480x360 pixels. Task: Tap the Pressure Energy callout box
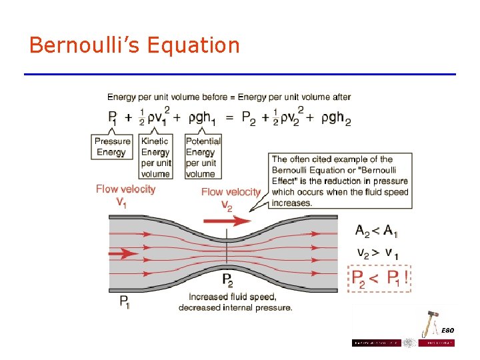(112, 147)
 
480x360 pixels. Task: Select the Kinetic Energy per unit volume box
(155, 157)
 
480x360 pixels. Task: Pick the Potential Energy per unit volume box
(203, 157)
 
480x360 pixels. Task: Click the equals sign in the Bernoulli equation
(229, 117)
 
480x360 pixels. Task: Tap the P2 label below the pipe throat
(227, 280)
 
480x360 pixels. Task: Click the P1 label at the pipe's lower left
(125, 301)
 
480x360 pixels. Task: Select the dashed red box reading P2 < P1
(379, 278)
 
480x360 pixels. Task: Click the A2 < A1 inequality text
(377, 231)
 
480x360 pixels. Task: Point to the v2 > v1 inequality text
(377, 254)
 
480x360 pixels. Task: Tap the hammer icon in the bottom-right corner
(431, 323)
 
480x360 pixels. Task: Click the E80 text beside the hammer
(447, 331)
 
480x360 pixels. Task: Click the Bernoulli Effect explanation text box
(339, 181)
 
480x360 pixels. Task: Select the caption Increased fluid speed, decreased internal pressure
(235, 302)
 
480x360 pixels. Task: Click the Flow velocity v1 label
(125, 195)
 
